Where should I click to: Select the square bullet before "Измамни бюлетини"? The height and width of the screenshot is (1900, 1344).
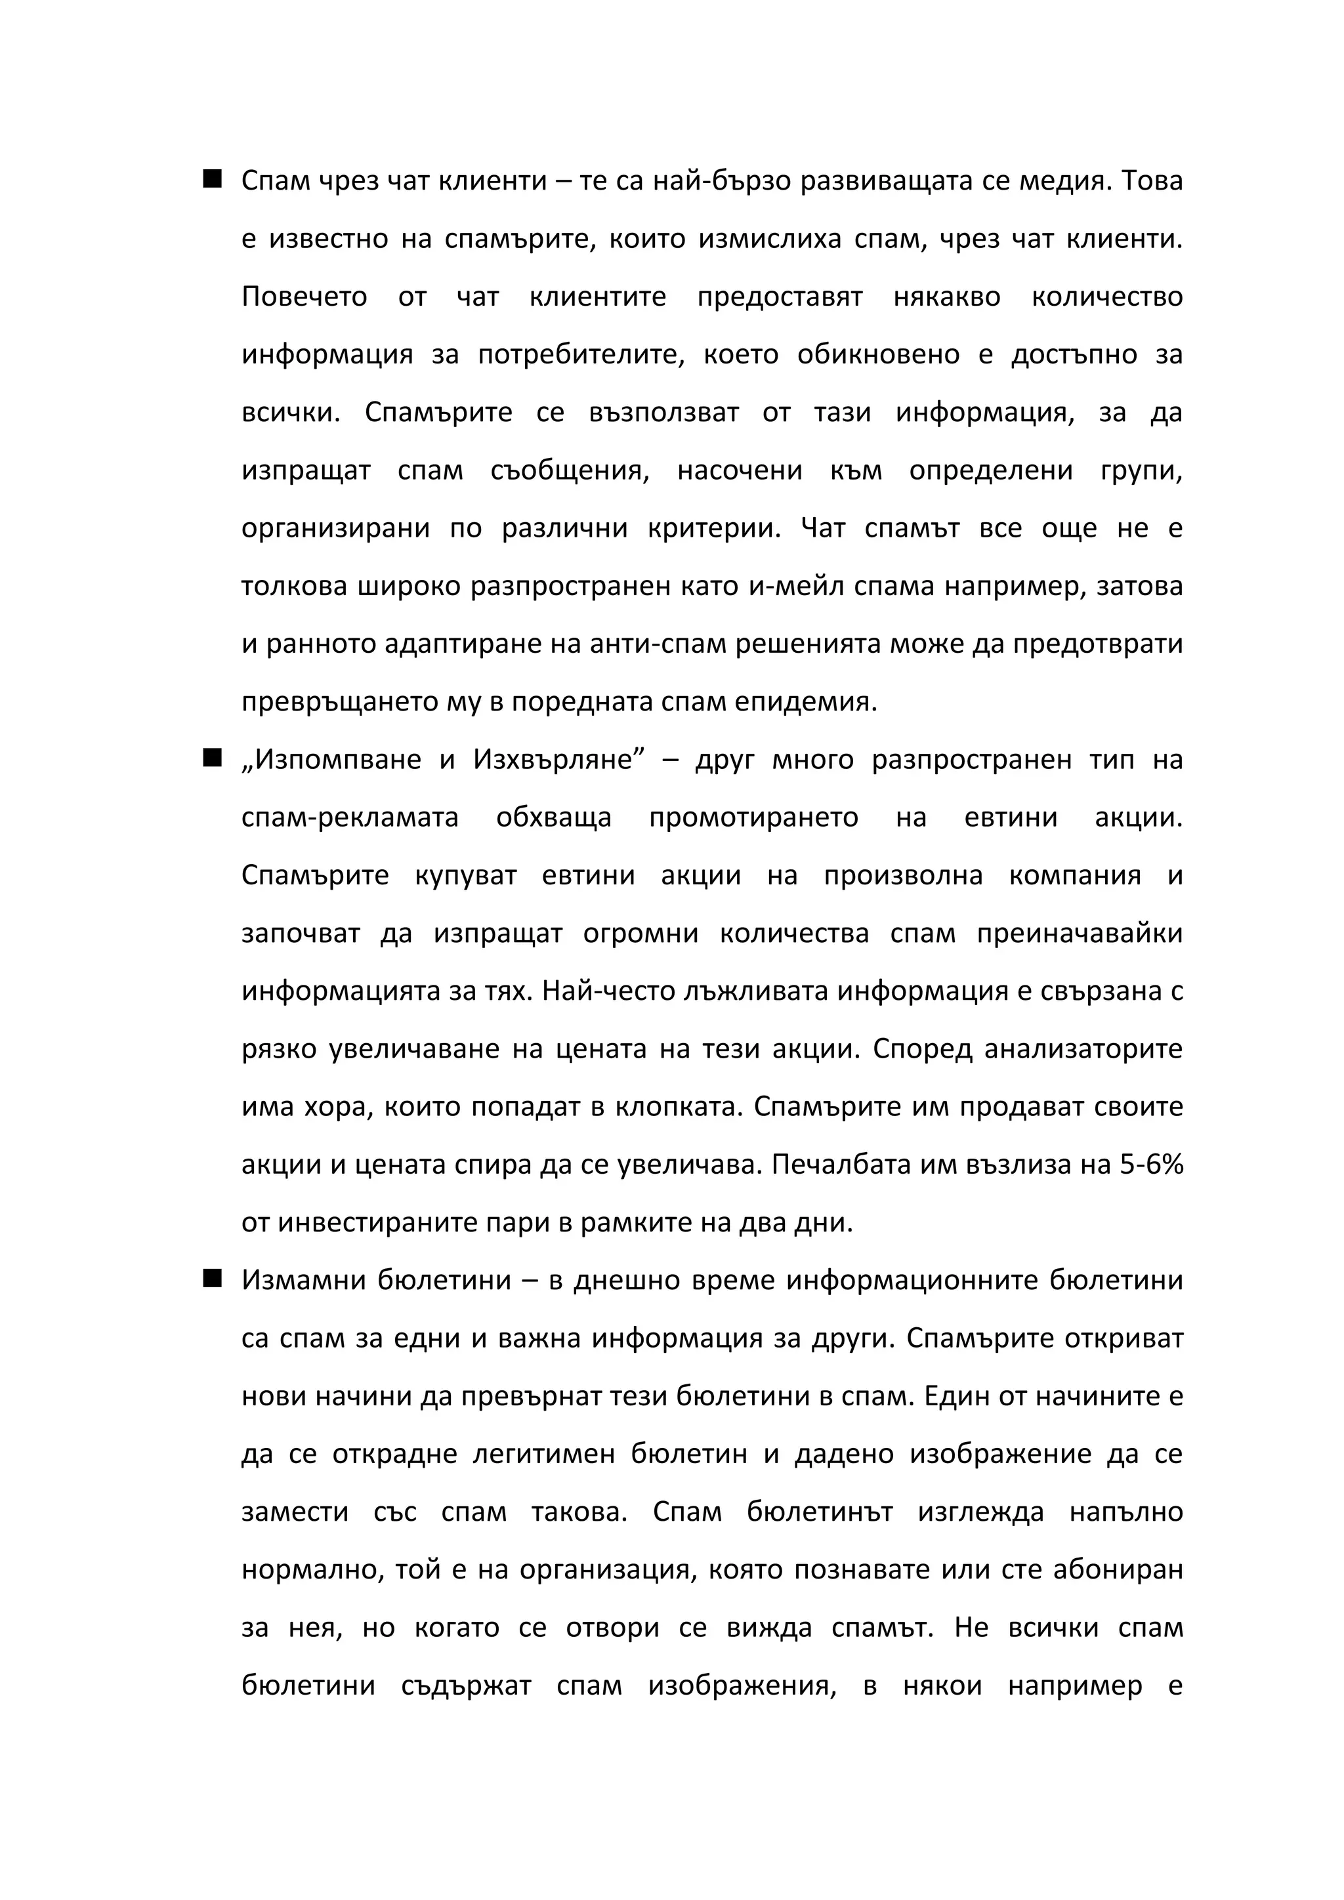(212, 1279)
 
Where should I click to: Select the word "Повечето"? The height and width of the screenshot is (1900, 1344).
(304, 297)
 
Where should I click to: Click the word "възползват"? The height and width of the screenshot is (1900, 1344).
(663, 413)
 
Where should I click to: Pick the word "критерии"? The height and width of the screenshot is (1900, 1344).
(714, 529)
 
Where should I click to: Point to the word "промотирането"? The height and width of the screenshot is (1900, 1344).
(753, 817)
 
